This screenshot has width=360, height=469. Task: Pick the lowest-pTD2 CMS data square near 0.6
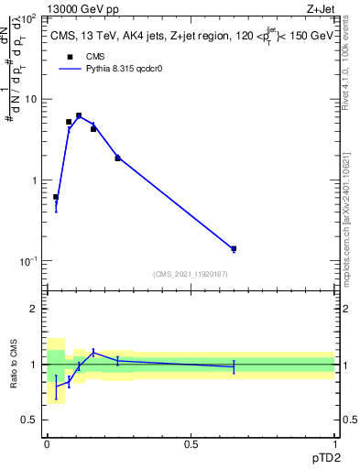point(56,197)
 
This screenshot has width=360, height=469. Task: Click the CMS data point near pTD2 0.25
point(117,158)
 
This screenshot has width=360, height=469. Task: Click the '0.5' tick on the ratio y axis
point(28,420)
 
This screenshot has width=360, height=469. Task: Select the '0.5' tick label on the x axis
point(191,443)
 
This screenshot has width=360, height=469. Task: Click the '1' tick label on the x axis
point(334,443)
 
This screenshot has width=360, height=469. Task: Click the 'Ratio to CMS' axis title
point(12,365)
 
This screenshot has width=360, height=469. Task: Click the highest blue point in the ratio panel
point(93,352)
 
